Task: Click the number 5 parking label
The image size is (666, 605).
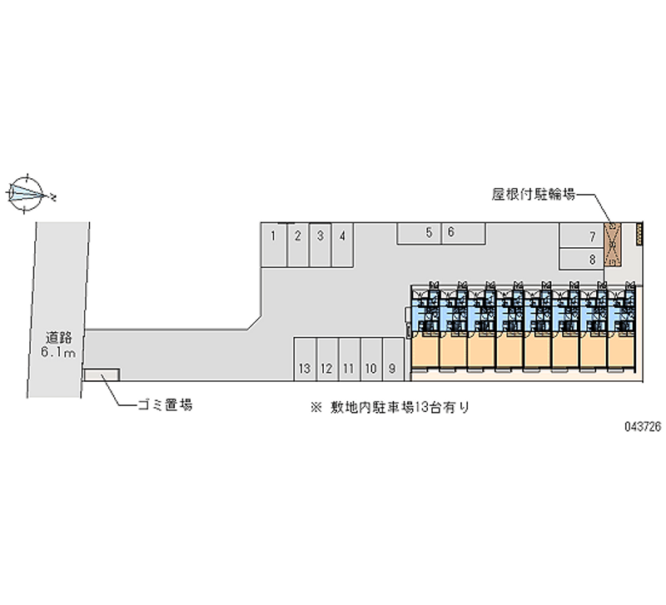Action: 429,232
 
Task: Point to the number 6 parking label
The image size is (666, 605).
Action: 450,232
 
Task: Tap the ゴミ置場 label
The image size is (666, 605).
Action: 166,405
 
